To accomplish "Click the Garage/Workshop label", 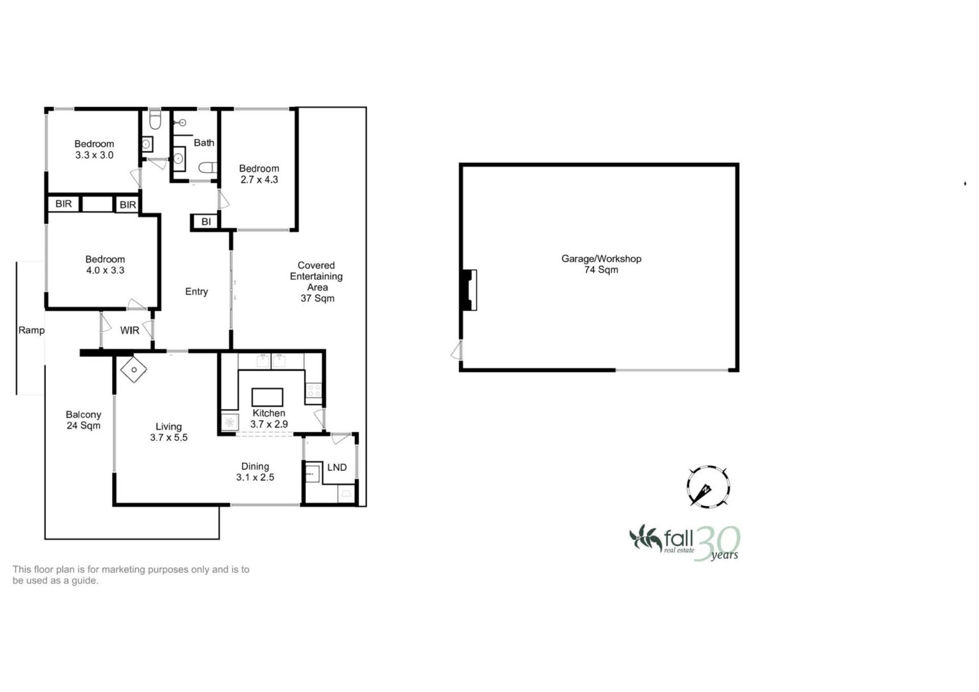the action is (x=601, y=259).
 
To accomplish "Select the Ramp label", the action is (x=31, y=330).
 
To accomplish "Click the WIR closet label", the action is (x=130, y=330).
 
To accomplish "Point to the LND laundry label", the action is (x=337, y=468).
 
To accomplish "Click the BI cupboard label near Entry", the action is (x=206, y=222).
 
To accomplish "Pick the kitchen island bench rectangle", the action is (x=267, y=397).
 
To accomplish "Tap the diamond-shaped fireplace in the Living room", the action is (x=134, y=370).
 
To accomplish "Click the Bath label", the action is (x=204, y=143).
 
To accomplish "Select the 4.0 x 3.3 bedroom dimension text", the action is (x=105, y=270).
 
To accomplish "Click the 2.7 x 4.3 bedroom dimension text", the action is (x=259, y=180).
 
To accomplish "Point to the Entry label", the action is (x=196, y=291).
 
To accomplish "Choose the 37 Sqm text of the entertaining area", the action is (x=317, y=298).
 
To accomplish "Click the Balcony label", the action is (x=83, y=415).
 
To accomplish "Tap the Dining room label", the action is (x=255, y=466).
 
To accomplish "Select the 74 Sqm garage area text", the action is (x=602, y=270).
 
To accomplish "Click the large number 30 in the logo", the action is (x=717, y=544).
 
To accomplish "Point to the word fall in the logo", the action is (x=678, y=538).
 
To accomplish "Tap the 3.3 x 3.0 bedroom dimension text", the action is (x=94, y=155).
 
